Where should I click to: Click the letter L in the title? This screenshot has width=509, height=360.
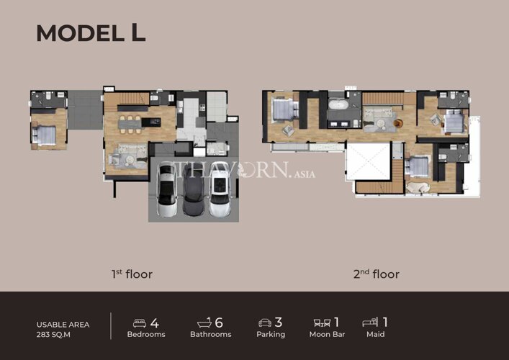(x=139, y=33)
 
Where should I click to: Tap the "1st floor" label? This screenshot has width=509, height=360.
(x=132, y=274)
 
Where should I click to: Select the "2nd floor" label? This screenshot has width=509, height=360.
(x=377, y=274)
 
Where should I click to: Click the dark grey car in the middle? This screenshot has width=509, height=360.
(x=193, y=189)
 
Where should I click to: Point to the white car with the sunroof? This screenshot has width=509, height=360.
(x=220, y=189)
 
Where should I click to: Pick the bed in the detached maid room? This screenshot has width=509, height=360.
(x=44, y=135)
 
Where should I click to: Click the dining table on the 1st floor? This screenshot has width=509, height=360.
(x=130, y=124)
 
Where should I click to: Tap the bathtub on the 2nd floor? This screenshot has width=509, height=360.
(x=338, y=105)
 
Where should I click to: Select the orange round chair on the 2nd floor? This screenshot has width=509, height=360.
(x=398, y=123)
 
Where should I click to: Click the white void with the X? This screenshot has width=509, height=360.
(x=368, y=161)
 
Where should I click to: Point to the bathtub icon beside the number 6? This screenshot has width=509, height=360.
(x=204, y=323)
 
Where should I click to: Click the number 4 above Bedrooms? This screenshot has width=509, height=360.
(x=155, y=323)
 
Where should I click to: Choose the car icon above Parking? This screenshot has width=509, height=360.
(x=265, y=323)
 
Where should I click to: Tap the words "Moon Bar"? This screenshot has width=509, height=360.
(x=327, y=334)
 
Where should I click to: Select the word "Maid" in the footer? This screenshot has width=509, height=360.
(x=376, y=334)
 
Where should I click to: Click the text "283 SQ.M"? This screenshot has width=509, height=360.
(x=53, y=335)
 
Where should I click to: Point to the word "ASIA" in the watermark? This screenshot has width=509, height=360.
(x=305, y=174)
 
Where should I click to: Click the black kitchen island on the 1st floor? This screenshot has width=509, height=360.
(x=151, y=122)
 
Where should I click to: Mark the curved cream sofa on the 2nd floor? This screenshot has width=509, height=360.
(x=418, y=188)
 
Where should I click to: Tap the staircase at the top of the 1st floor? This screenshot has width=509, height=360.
(x=132, y=98)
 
